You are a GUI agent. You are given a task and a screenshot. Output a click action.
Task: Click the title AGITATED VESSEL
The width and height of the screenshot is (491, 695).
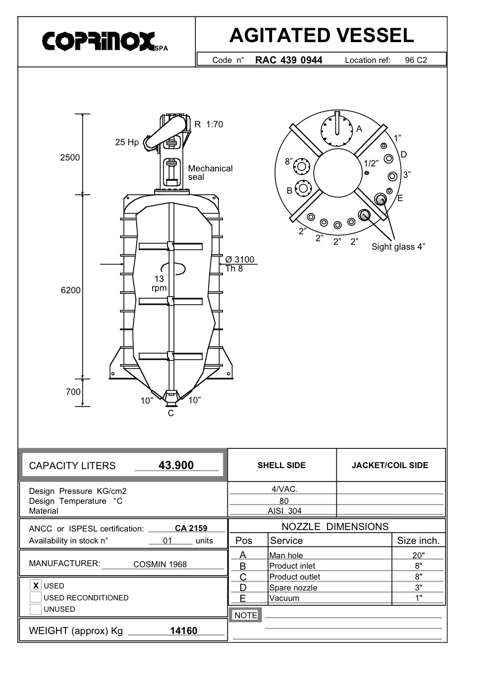(322, 35)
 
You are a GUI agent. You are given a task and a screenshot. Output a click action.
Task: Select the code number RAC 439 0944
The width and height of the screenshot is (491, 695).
(289, 60)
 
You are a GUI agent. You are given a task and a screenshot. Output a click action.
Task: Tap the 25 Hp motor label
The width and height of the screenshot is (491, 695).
(127, 142)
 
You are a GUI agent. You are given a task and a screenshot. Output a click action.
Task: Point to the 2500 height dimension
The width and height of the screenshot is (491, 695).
(70, 158)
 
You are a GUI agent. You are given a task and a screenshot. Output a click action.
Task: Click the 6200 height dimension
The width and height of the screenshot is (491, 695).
(70, 290)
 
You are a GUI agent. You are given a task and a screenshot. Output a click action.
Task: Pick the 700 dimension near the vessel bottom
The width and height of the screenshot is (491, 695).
(73, 392)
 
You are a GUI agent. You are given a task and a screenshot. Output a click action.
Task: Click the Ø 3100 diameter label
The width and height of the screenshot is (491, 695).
(240, 260)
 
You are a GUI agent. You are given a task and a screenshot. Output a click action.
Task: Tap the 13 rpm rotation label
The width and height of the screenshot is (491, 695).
(159, 283)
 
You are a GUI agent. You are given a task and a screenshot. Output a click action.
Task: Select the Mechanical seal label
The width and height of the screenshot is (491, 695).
(210, 173)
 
